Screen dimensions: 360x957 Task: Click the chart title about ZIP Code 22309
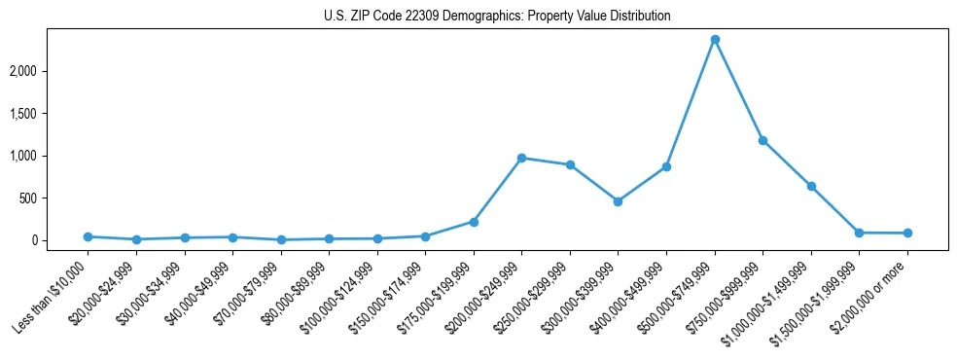point(497,17)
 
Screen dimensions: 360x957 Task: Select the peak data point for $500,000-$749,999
point(715,40)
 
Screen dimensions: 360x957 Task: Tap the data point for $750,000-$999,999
point(762,141)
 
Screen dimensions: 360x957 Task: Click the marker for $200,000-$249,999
point(521,158)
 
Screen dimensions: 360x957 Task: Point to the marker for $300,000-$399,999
point(618,201)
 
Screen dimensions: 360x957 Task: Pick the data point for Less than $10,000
point(89,236)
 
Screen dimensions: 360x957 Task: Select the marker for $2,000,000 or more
point(907,234)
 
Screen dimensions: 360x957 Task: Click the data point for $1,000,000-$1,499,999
point(811,186)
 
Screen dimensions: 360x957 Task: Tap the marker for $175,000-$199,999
point(474,222)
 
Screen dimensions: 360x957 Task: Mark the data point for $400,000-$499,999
point(666,167)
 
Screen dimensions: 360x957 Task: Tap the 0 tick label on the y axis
point(61,240)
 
